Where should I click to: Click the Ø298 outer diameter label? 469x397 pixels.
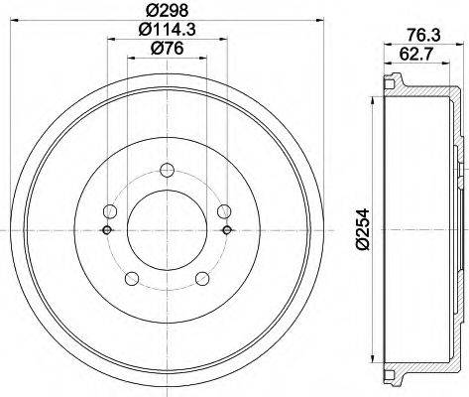(x=166, y=11)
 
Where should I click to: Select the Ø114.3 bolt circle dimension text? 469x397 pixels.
(x=166, y=31)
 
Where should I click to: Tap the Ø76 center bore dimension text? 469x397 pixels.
(x=166, y=52)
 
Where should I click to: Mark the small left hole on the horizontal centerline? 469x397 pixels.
(x=105, y=230)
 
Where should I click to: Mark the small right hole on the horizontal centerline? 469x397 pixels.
(x=227, y=230)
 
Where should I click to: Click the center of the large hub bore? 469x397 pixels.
(x=166, y=230)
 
